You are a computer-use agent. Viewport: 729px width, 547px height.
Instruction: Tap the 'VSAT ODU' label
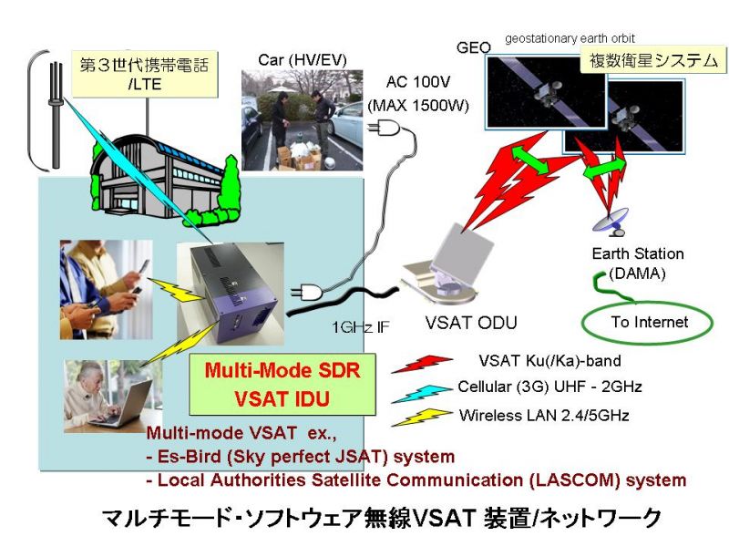pos(471,323)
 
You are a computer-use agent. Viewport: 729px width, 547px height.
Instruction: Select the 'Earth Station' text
pos(638,253)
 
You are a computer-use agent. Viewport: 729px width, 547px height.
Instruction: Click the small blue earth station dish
pos(611,221)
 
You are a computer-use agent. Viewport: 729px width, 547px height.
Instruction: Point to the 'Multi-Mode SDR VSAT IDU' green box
pos(282,384)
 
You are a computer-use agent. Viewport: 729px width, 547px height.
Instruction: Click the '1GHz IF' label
pos(361,327)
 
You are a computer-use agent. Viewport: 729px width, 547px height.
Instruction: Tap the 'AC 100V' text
pos(418,82)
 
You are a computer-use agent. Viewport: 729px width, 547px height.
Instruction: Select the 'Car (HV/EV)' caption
pos(303,59)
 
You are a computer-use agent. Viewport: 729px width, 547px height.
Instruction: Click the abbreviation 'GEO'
pos(474,47)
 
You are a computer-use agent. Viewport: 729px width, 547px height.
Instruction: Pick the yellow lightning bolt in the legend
pos(422,417)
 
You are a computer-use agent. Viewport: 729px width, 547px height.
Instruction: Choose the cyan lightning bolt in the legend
pos(422,394)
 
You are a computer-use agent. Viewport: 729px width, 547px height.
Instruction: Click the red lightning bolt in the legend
pos(422,364)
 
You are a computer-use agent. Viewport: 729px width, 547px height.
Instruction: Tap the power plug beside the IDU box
pos(306,293)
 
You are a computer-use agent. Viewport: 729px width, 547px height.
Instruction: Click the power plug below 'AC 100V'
pos(383,127)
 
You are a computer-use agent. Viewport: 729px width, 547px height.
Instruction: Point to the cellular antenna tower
pos(56,115)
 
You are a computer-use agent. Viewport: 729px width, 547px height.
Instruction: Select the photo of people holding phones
pos(107,289)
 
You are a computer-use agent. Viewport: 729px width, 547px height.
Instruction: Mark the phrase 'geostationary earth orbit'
pos(570,38)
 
